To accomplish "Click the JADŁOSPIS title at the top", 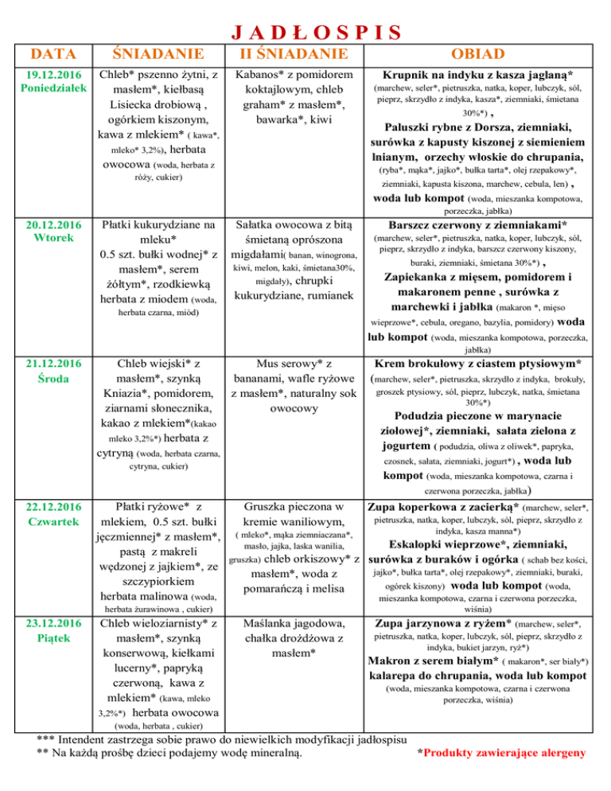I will coord(305,32).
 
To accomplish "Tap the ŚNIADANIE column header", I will coord(157,54).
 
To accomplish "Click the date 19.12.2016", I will coord(47,74).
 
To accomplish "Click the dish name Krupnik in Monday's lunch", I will coord(411,74).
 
